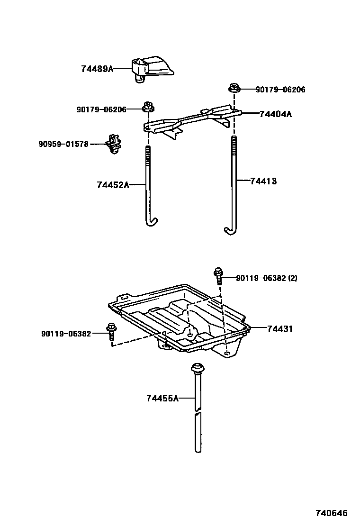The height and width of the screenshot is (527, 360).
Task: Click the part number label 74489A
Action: [98, 69]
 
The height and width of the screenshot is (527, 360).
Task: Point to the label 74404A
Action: [275, 114]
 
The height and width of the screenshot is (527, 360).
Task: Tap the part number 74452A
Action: [113, 185]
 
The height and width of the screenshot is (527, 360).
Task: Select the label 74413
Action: [263, 181]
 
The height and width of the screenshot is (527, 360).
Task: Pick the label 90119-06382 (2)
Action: [267, 278]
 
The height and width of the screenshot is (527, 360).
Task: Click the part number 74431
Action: [280, 328]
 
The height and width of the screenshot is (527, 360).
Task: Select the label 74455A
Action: [162, 399]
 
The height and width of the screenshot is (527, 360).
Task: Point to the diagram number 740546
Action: [332, 513]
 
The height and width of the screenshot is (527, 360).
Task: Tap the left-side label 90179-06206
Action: [101, 109]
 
